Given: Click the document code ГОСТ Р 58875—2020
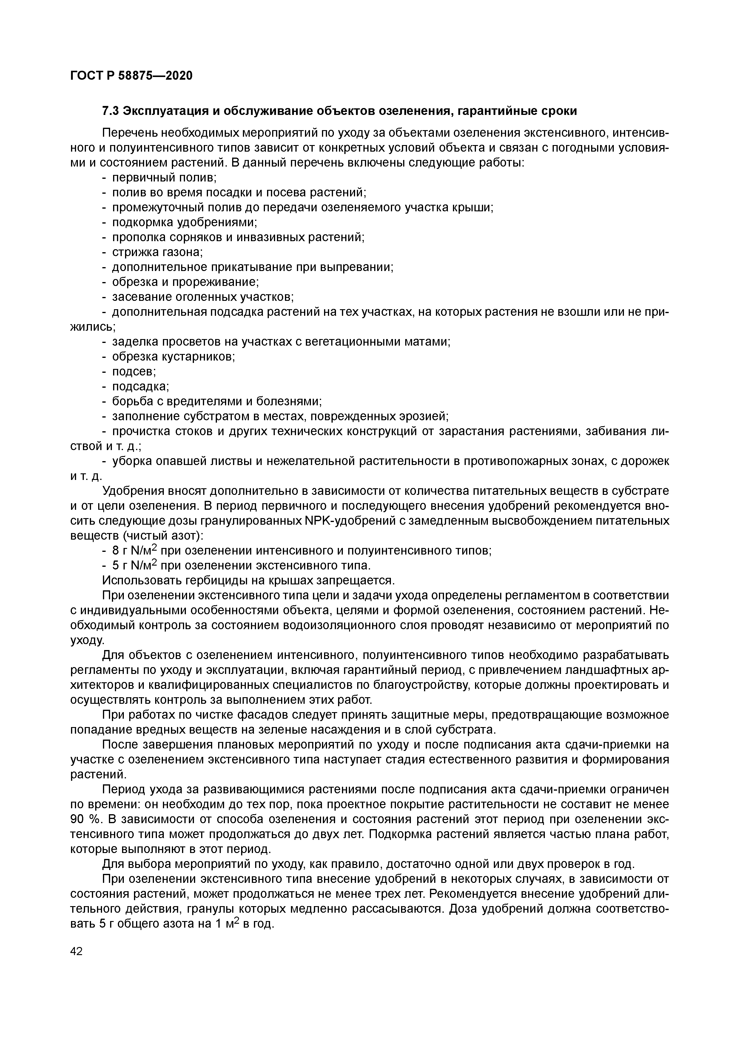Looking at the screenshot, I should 131,76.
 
